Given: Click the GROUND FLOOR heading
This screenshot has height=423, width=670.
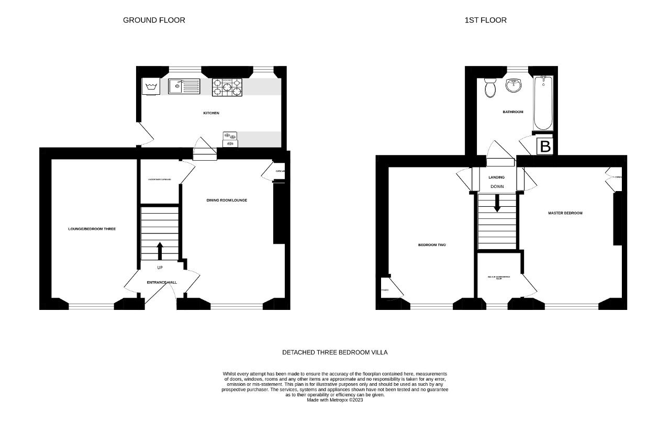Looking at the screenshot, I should (x=154, y=20).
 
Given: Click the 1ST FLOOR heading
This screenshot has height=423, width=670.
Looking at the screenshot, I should (x=485, y=20).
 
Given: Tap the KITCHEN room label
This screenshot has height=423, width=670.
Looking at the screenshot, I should (x=211, y=113).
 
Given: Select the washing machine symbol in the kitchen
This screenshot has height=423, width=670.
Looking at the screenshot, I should (x=151, y=87).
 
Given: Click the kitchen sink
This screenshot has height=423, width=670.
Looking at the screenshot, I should (x=184, y=86).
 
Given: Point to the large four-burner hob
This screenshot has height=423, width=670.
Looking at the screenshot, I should (x=227, y=87).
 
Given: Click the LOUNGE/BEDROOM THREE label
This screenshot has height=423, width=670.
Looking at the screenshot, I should (x=92, y=229).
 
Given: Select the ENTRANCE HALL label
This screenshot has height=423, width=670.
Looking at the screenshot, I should (x=162, y=283).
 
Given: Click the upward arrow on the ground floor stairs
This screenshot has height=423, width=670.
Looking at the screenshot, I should (x=160, y=251).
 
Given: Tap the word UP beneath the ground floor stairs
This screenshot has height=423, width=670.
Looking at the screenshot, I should (x=160, y=268).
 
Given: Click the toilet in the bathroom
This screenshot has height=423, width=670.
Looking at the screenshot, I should (x=490, y=88).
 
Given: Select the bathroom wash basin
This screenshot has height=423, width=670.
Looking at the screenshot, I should (x=514, y=86).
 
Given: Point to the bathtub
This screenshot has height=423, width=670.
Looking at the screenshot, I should (x=543, y=103).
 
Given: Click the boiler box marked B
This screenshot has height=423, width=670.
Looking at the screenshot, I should (x=545, y=147).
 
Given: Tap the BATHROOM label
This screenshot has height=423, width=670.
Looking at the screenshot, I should (x=513, y=112).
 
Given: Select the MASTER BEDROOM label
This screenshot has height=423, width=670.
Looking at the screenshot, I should (x=565, y=213).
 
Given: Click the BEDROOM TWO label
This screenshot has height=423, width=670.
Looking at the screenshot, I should (x=432, y=245).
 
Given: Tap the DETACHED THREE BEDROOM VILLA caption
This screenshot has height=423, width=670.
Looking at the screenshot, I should (x=335, y=352).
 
